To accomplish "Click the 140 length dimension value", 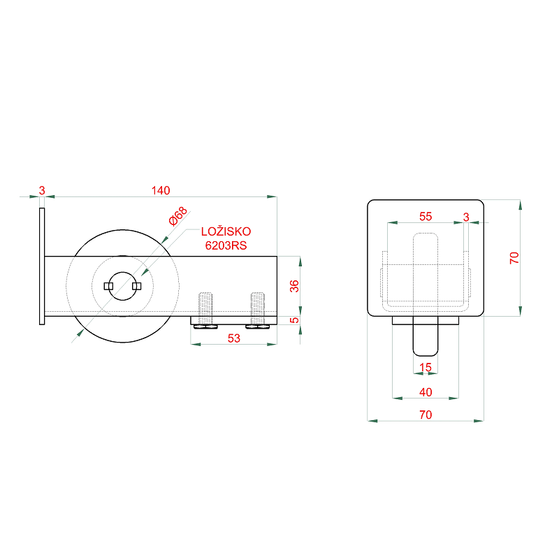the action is [161, 190].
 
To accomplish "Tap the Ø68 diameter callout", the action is [177, 216].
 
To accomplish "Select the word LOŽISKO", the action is [226, 231].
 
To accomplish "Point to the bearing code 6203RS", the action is [226, 245].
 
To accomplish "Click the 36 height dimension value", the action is [294, 286].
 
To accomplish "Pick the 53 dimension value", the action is [234, 338].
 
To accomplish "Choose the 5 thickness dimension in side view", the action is [294, 320].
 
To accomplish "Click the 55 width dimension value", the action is [426, 216].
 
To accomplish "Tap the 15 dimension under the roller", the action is [426, 367].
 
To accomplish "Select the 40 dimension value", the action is [426, 392].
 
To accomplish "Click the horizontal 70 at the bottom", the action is [426, 415].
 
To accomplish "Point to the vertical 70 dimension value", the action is [514, 257].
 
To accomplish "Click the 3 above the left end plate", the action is [42, 190].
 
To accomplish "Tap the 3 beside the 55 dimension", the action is [466, 217].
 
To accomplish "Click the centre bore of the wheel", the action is [122, 286].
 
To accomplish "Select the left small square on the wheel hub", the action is [108, 286].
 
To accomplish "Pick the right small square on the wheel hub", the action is [136, 286].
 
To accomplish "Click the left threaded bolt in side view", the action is [205, 310].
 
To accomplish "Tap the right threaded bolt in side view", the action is [257, 310].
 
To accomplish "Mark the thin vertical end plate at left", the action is [42, 266].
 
